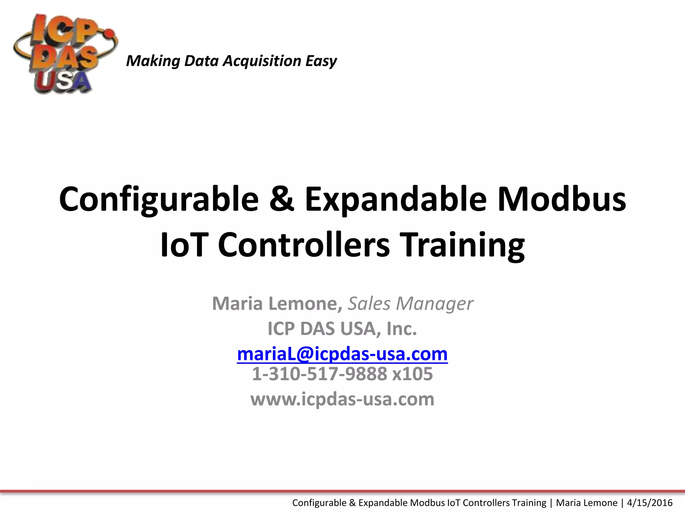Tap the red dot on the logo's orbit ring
(x=109, y=33)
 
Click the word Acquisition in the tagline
(x=262, y=61)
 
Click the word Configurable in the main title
(x=159, y=200)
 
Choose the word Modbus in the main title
(x=562, y=200)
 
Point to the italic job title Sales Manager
(x=410, y=304)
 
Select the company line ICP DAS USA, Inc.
(x=342, y=329)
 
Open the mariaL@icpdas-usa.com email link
(x=342, y=354)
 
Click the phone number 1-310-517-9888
(x=319, y=374)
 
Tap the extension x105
(x=412, y=374)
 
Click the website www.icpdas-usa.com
(x=342, y=399)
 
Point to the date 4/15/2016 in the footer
(x=650, y=503)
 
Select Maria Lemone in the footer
(x=586, y=503)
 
